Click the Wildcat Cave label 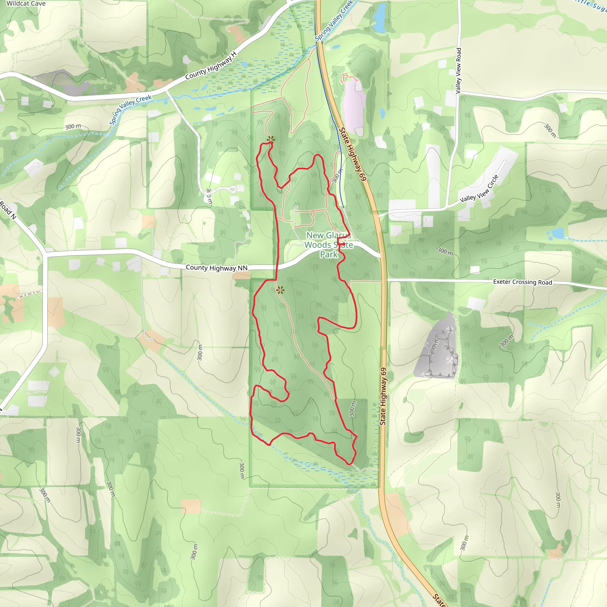click(26, 4)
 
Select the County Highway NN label click(216, 268)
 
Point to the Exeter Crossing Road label click(522, 282)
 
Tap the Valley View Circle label click(479, 189)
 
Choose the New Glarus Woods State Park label click(329, 245)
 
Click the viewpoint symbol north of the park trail click(271, 140)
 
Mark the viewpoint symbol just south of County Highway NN click(280, 290)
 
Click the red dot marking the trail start click(344, 244)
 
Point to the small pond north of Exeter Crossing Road click(558, 233)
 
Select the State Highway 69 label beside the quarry click(383, 397)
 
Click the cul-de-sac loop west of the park click(232, 189)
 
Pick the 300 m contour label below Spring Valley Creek click(73, 126)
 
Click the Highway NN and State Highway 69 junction click(382, 255)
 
